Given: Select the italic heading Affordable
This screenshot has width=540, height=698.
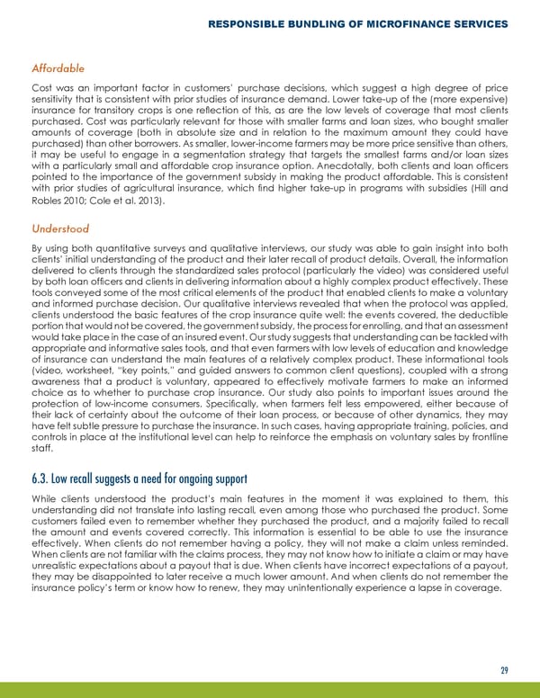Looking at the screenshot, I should (58, 67).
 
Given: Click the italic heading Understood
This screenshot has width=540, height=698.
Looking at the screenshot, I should (60, 228).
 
